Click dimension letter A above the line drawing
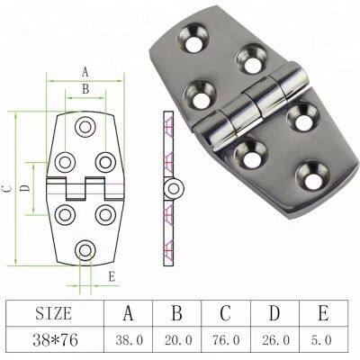click(85, 70)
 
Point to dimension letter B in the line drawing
click(85, 88)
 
